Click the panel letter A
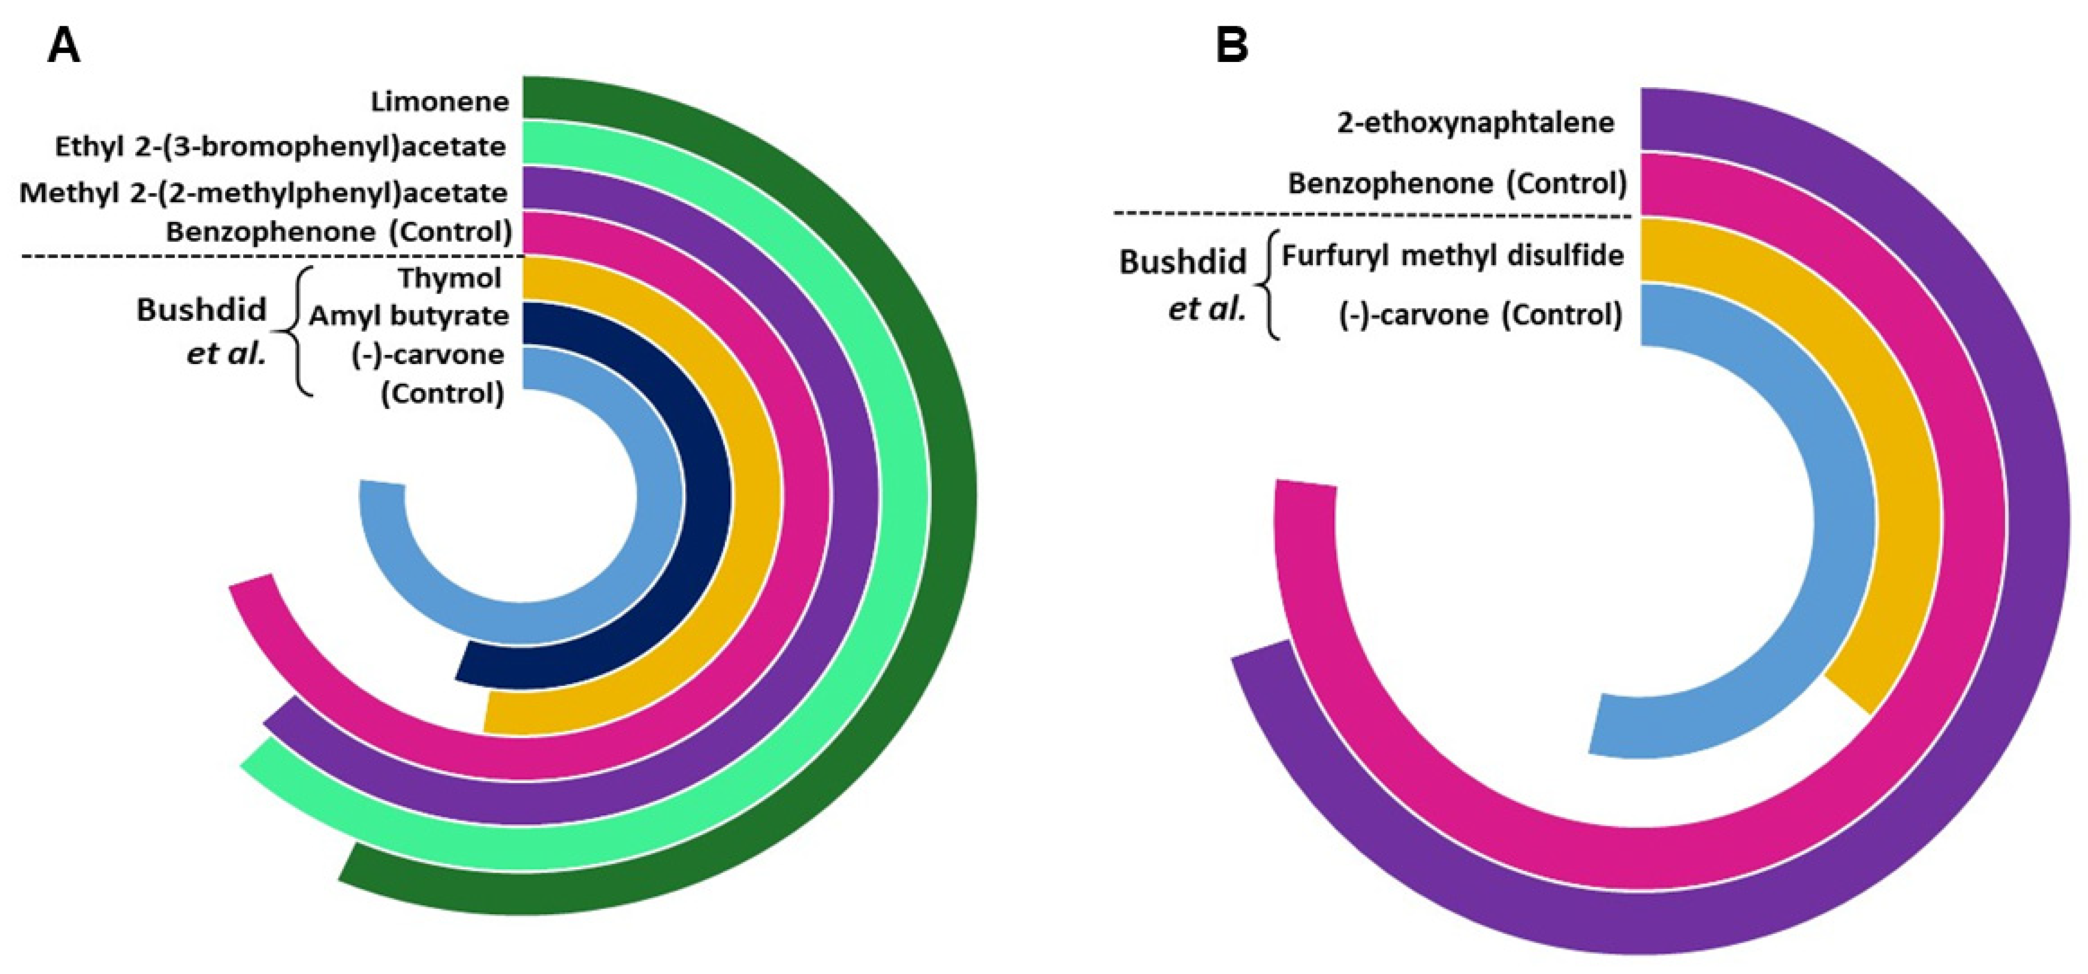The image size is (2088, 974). pos(64,46)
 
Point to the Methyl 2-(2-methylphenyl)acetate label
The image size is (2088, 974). pos(264,193)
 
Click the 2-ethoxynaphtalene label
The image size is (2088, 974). pos(1475,123)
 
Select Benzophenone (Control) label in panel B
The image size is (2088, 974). pos(1457,184)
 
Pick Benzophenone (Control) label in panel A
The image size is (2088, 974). pos(339,233)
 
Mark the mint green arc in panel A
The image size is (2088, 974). pos(904,486)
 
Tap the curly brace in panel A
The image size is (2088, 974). pos(296,332)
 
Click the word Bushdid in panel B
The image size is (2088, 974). pos(1182,262)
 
